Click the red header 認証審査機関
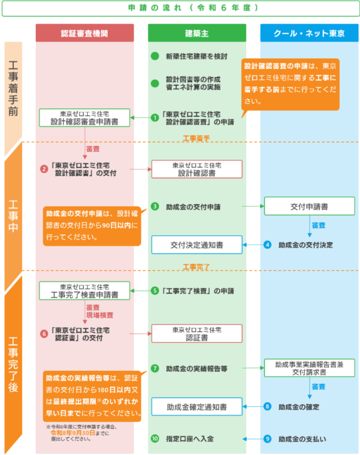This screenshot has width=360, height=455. [85, 33]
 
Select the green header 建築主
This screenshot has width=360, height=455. [197, 33]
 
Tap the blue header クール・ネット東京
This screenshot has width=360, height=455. [309, 33]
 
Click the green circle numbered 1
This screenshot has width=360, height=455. [155, 118]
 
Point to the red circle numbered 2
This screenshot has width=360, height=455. [44, 169]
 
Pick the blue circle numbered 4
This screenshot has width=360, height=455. [267, 245]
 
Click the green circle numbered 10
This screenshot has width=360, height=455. [155, 438]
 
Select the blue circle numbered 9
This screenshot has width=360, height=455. [267, 439]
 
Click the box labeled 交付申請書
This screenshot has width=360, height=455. [309, 206]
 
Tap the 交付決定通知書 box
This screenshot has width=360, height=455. [197, 245]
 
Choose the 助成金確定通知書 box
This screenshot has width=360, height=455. [197, 407]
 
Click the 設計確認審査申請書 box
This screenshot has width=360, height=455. [84, 118]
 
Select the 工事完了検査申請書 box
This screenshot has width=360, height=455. [84, 290]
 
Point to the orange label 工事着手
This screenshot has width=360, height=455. [196, 139]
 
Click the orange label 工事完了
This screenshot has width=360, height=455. [196, 267]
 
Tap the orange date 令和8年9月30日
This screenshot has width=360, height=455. [73, 433]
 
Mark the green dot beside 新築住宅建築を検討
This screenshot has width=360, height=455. [155, 56]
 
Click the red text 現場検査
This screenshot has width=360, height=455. [100, 315]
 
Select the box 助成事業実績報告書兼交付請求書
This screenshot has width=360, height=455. [309, 368]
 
